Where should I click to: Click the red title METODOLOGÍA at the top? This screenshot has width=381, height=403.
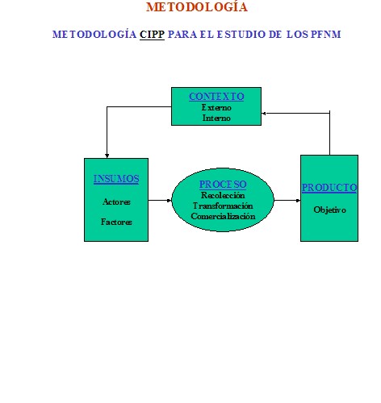click(197, 6)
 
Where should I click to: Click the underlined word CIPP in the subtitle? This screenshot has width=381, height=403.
click(152, 35)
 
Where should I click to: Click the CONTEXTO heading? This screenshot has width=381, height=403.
click(216, 97)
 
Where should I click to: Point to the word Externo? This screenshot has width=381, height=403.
click(216, 107)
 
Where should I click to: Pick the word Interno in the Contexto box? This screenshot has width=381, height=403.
click(216, 118)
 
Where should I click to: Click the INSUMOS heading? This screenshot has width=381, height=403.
click(116, 179)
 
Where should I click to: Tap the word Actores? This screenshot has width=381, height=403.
click(116, 201)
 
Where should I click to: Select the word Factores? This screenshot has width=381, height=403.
click(116, 222)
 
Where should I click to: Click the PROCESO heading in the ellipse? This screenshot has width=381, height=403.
click(223, 185)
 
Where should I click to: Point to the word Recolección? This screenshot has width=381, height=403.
click(223, 195)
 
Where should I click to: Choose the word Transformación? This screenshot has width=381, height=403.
click(223, 206)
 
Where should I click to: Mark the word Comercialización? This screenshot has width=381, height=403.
click(223, 216)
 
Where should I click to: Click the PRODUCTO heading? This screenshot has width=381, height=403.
click(329, 188)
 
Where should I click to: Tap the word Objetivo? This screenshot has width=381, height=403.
click(329, 210)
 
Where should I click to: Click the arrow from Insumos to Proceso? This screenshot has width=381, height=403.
click(160, 200)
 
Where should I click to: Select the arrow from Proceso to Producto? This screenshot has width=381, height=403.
click(287, 200)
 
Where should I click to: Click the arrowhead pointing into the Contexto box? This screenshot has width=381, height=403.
click(264, 114)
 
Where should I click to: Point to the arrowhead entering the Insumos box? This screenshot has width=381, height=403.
click(107, 156)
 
